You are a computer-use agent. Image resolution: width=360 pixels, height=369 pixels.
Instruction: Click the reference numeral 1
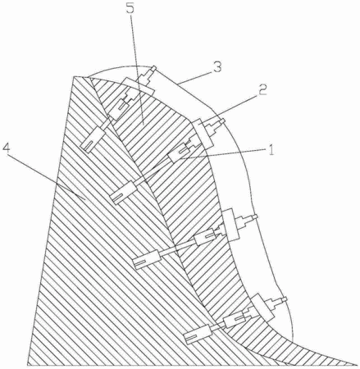(271, 149)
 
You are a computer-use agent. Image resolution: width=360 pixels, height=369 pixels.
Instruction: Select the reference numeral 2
(262, 89)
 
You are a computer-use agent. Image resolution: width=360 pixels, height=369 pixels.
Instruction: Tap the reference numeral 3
(217, 67)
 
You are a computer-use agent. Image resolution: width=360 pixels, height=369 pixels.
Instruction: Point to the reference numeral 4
(7, 149)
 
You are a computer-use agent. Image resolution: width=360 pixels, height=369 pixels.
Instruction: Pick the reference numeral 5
(130, 9)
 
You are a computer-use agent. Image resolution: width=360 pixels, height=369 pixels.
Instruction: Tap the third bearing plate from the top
(231, 225)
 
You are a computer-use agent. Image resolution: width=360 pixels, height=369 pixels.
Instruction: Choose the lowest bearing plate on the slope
(262, 307)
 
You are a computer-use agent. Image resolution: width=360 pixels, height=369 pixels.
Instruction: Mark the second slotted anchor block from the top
(123, 193)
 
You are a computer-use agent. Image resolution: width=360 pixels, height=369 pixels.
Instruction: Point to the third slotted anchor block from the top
(146, 259)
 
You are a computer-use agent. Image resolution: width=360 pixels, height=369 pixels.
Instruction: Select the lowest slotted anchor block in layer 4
(198, 334)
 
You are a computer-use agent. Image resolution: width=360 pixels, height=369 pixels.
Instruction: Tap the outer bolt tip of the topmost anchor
(153, 68)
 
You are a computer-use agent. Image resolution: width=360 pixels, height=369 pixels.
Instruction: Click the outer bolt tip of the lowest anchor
(285, 299)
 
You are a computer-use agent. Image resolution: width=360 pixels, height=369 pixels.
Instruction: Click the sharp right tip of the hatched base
(358, 365)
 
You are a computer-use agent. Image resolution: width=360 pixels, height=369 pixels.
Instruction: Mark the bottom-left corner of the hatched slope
(28, 365)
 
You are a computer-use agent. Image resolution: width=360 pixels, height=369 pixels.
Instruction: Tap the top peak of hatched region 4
(75, 76)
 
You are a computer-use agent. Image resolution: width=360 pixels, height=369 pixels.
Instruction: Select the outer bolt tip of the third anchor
(255, 216)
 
